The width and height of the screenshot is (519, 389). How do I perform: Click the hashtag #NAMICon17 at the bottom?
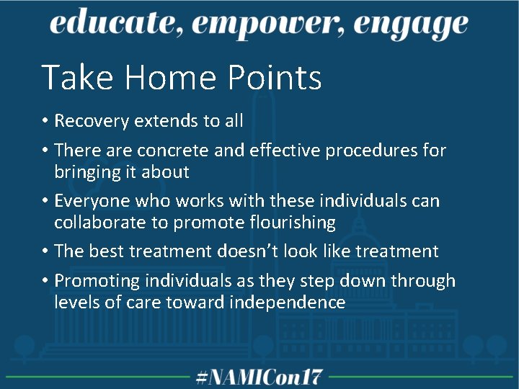[259, 376]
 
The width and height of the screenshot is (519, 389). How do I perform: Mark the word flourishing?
[290, 223]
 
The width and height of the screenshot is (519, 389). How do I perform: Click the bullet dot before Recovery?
[45, 121]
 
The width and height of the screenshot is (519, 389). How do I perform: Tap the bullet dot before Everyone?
[45, 201]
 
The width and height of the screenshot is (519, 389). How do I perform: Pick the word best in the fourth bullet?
[108, 251]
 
